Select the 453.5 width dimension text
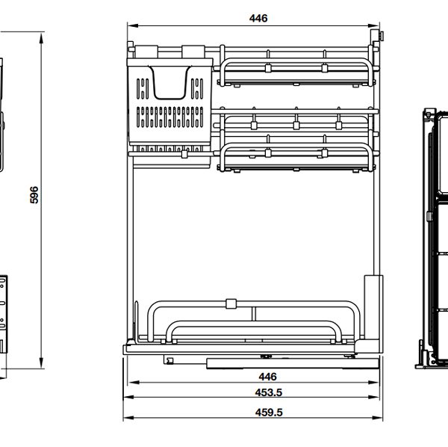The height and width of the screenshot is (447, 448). coord(267,392)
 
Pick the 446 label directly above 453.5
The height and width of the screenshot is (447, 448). coord(267,377)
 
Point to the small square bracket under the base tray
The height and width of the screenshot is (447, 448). coord(169,360)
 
